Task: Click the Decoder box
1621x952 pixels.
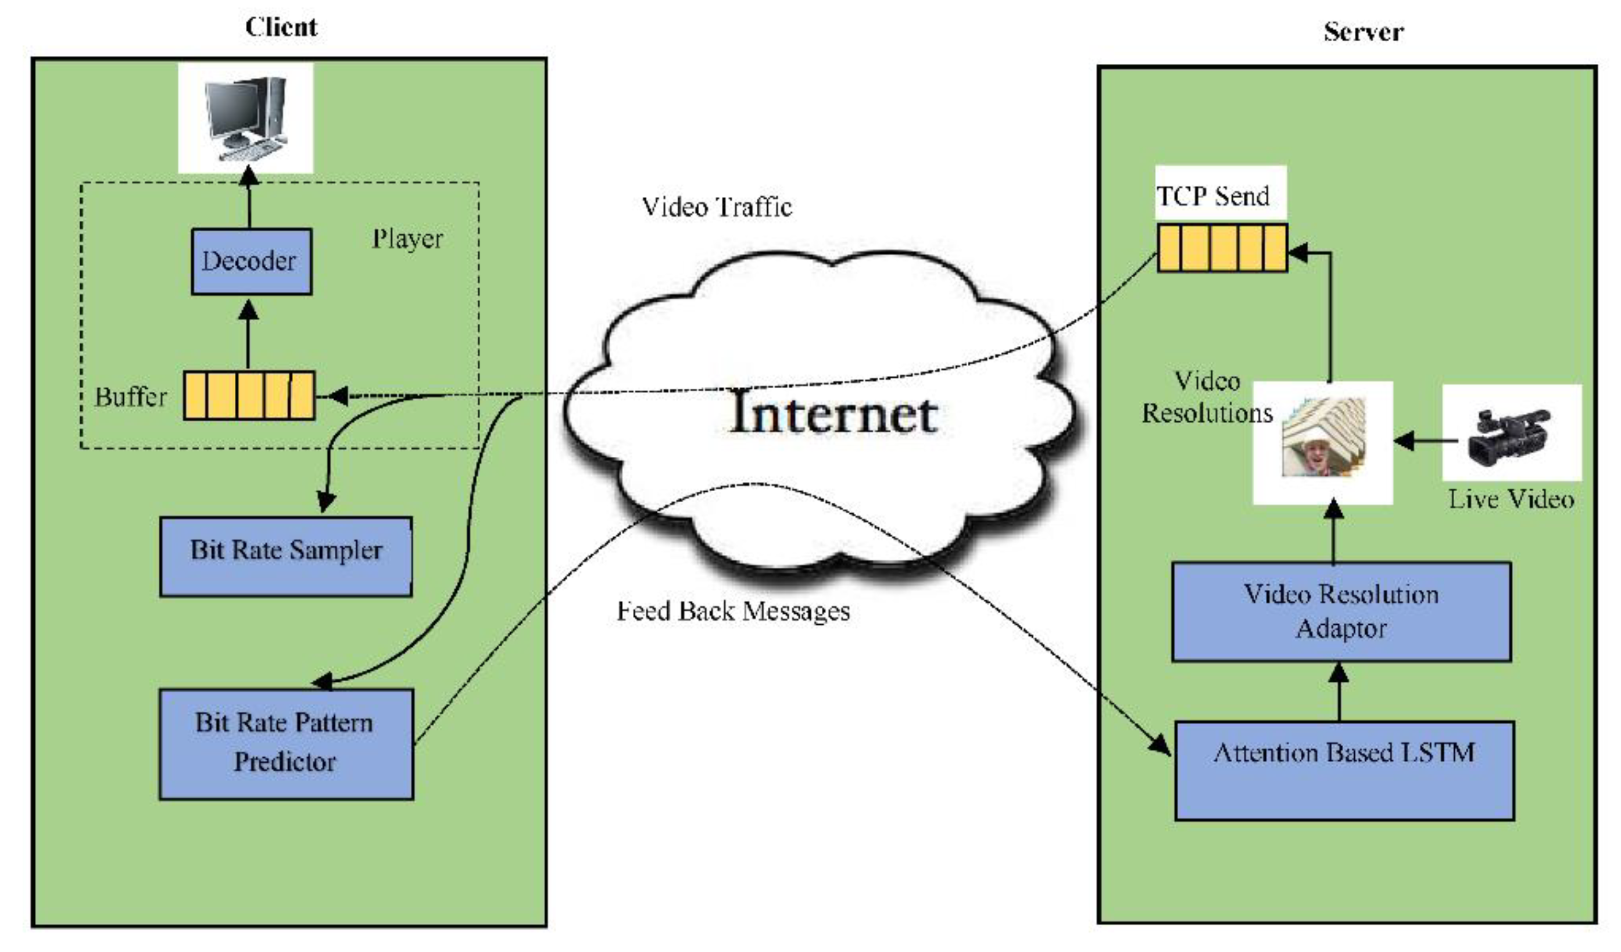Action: (x=252, y=262)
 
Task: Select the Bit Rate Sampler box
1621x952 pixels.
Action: (x=285, y=556)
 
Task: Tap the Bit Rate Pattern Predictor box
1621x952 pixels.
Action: (x=285, y=745)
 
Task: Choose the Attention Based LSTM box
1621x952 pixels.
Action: (x=1344, y=771)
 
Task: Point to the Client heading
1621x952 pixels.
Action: (x=281, y=27)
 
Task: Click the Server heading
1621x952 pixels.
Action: (x=1363, y=31)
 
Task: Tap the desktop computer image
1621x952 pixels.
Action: (x=245, y=118)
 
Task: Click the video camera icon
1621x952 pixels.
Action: (x=1511, y=435)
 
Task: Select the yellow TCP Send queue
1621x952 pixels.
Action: (x=1222, y=248)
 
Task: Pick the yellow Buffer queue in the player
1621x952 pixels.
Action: (x=249, y=396)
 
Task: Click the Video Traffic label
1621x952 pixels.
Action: (x=717, y=207)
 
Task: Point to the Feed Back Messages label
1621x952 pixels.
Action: (x=733, y=611)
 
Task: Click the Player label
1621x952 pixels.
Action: (x=407, y=239)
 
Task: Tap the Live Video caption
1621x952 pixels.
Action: (x=1511, y=500)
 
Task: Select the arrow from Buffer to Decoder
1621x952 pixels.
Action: (x=248, y=335)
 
